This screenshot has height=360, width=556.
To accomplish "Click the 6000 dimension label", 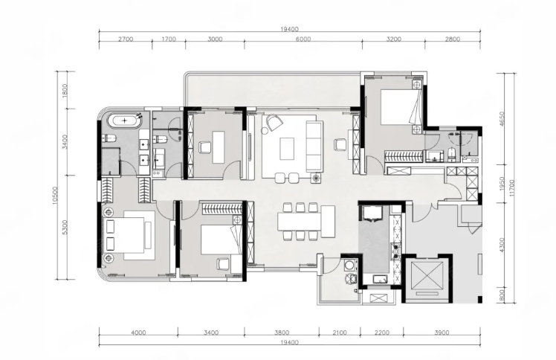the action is [x=303, y=39].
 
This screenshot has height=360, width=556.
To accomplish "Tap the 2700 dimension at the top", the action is [x=126, y=39].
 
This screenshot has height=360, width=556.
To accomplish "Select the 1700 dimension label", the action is [x=169, y=39].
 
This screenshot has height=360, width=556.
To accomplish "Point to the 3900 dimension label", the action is [x=442, y=332].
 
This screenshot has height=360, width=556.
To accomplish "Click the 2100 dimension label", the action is [x=340, y=332].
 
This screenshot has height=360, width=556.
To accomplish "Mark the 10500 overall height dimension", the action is [x=54, y=196].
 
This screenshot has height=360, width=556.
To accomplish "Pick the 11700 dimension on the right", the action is [x=511, y=188].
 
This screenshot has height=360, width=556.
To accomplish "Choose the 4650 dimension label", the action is [x=502, y=119].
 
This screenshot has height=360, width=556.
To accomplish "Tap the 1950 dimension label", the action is [x=502, y=184].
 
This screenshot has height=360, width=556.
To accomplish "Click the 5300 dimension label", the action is [x=64, y=227].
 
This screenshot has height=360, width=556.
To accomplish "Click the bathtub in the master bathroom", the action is [x=124, y=121].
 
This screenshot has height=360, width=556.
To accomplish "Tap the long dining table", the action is [x=300, y=222].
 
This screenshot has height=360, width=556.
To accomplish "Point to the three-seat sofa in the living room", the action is [x=314, y=147].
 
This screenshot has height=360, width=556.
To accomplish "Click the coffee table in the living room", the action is [x=287, y=149].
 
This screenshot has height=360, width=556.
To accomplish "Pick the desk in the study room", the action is [x=219, y=147].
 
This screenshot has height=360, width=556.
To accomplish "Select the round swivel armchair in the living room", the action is [x=274, y=123].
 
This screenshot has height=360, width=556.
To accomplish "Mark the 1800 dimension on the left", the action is [x=64, y=91].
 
